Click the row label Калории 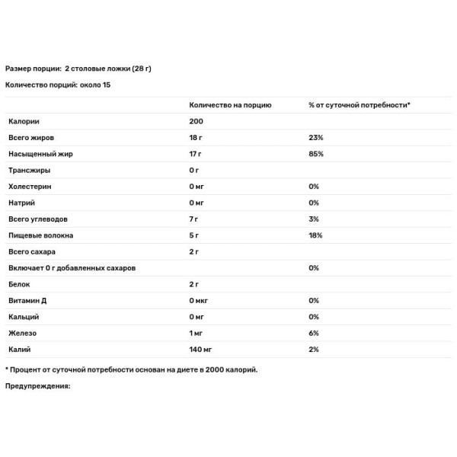(24, 121)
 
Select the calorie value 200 (196, 121)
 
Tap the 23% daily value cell (316, 138)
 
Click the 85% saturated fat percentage (316, 154)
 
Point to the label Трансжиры (27, 170)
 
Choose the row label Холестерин (28, 187)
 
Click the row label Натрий (21, 203)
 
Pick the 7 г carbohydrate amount (193, 219)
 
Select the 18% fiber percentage (315, 235)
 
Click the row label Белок (19, 284)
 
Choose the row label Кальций (24, 317)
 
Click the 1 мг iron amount (197, 334)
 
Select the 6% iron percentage (314, 334)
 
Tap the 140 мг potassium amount (200, 350)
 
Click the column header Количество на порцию (230, 104)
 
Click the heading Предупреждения (37, 386)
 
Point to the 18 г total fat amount (195, 138)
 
